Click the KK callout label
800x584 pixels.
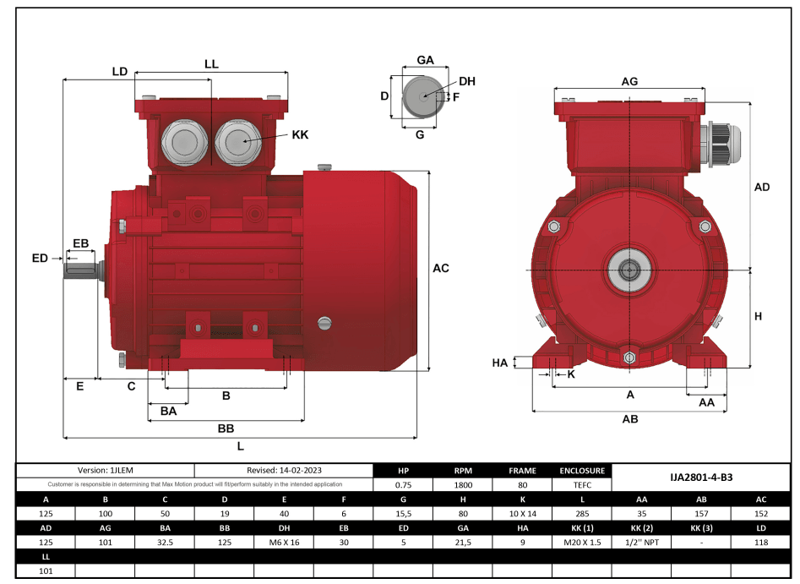click(x=300, y=135)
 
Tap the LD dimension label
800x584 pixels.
click(x=120, y=72)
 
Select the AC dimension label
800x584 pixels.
click(x=440, y=268)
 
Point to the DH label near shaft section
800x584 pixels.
click(x=467, y=81)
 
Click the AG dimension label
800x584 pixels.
click(x=629, y=81)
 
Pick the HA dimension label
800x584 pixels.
click(x=500, y=363)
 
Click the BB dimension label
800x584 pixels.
click(x=226, y=428)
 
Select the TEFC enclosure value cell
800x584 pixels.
click(x=582, y=485)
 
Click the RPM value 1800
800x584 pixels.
click(x=463, y=485)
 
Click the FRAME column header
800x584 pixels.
click(x=522, y=471)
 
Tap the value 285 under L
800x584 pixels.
click(x=582, y=514)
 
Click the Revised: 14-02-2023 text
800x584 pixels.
click(x=285, y=471)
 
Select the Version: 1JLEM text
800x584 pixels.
click(x=106, y=471)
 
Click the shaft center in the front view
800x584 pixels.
click(x=629, y=270)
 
